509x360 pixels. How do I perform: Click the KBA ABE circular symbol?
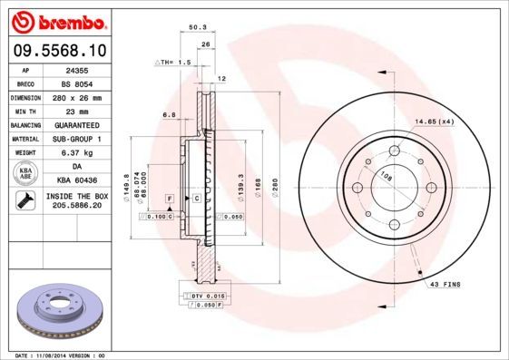pyautogui.click(x=24, y=174)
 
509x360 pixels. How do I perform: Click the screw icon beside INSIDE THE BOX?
pyautogui.click(x=24, y=202)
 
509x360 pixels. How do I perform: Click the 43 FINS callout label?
pyautogui.click(x=446, y=285)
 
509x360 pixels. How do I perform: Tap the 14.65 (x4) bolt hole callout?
pyautogui.click(x=434, y=121)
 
